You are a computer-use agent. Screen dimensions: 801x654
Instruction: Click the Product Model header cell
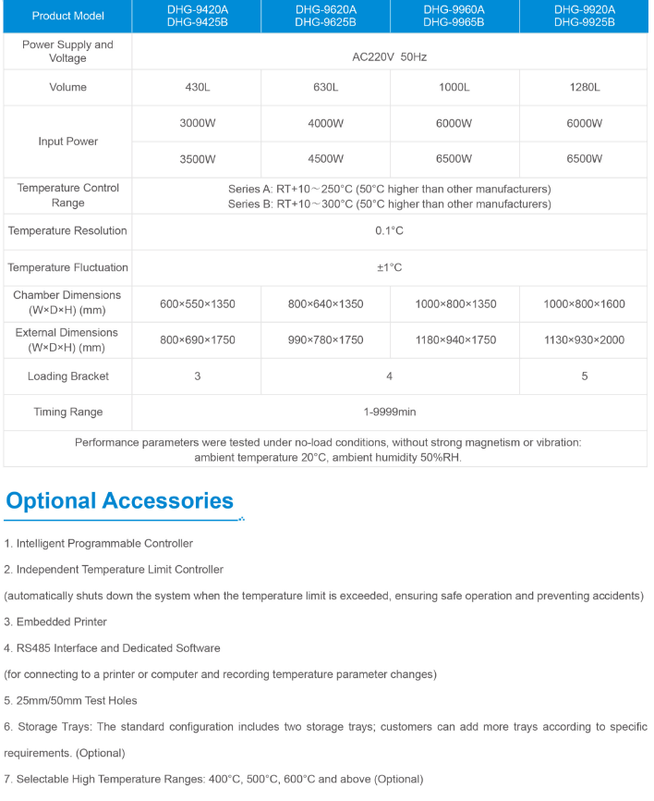(67, 16)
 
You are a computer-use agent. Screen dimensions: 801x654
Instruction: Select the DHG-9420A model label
(197, 9)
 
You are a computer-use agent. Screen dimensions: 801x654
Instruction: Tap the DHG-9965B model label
(454, 22)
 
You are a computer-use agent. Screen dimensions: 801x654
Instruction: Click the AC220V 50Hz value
(390, 56)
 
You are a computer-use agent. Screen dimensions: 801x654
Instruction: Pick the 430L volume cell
(197, 88)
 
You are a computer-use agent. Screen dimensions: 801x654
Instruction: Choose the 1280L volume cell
(584, 88)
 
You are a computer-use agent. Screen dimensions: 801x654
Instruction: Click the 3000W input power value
(197, 124)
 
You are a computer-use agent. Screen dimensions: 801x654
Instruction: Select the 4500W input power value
(325, 159)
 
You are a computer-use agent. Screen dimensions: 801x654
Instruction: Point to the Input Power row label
(67, 142)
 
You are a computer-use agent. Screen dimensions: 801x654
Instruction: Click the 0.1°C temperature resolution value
(390, 231)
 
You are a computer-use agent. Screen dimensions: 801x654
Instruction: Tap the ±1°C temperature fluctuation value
(390, 268)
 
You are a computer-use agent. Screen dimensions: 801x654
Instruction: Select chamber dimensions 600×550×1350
(197, 303)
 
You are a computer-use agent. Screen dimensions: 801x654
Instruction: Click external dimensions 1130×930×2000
(584, 340)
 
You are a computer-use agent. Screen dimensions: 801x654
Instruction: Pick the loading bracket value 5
(584, 376)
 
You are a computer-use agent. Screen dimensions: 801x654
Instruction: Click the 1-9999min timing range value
(390, 413)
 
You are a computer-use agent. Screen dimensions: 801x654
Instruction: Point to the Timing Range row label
(67, 413)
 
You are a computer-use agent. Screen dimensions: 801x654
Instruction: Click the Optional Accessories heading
(119, 501)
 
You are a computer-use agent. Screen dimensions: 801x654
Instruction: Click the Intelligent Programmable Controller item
(99, 543)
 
